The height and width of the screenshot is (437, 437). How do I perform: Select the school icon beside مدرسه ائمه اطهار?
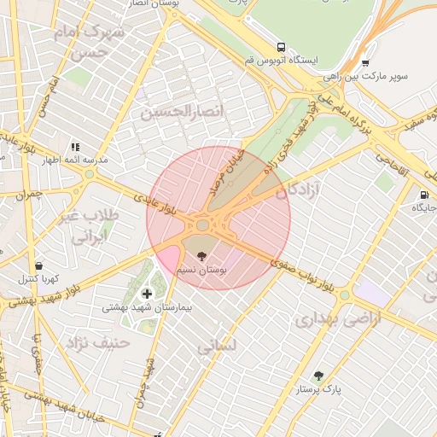(75, 147)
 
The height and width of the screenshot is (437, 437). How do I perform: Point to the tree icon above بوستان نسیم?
(201, 255)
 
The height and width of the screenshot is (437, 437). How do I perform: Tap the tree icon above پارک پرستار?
(318, 376)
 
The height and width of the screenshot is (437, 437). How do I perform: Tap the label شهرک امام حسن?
(89, 39)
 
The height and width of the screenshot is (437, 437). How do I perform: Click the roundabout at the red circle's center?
(202, 225)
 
